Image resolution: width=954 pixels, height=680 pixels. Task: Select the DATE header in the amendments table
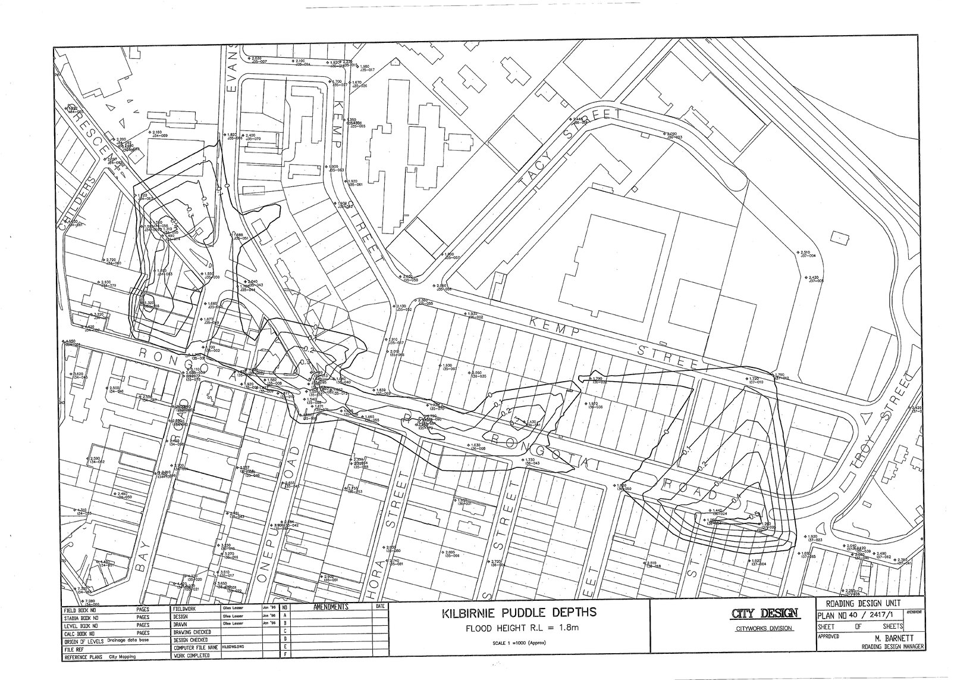[378, 607]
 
